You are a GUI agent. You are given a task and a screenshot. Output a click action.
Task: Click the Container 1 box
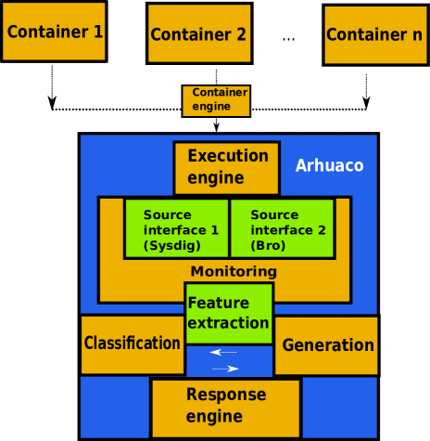tap(54, 32)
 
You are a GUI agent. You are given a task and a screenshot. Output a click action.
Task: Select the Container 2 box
tap(198, 34)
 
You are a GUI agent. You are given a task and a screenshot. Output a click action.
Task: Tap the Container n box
tap(374, 35)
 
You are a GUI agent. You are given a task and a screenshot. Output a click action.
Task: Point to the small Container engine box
tap(216, 100)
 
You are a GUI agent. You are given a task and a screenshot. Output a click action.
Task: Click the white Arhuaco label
tap(329, 166)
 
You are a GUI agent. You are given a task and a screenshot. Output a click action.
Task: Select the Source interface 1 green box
tap(177, 228)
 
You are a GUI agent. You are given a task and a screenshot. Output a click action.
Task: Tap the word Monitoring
tap(234, 272)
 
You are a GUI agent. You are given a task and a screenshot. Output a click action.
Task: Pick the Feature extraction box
tap(229, 314)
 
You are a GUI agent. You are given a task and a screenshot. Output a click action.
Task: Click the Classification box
tap(132, 344)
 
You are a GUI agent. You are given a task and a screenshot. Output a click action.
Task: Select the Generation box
tap(327, 345)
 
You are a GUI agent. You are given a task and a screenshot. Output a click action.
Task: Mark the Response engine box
tap(225, 407)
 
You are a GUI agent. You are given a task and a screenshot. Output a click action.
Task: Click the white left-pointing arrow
tap(223, 353)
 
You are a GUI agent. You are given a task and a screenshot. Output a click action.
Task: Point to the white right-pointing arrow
tap(226, 369)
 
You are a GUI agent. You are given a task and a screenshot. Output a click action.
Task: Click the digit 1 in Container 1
tap(97, 32)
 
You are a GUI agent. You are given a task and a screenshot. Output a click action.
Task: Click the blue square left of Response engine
tap(114, 407)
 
